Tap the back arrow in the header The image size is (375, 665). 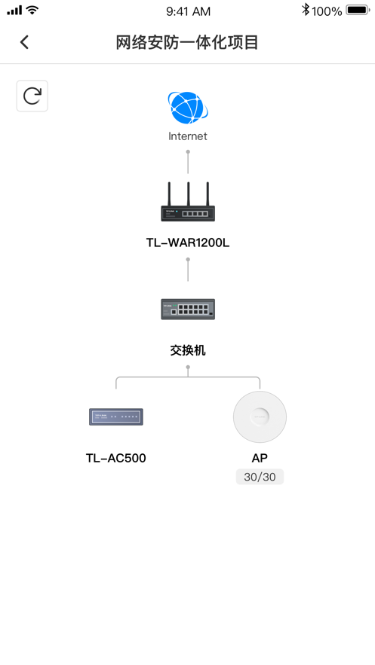pyautogui.click(x=24, y=42)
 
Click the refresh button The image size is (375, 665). pyautogui.click(x=32, y=96)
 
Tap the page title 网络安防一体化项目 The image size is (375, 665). pyautogui.click(x=187, y=42)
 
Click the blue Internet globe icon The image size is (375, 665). pyautogui.click(x=188, y=108)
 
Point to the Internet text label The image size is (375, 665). pyautogui.click(x=188, y=136)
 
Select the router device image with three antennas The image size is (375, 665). pyautogui.click(x=188, y=202)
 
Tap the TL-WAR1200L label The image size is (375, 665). pyautogui.click(x=188, y=243)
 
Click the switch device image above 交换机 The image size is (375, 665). pyautogui.click(x=188, y=310)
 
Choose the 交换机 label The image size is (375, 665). pyautogui.click(x=188, y=350)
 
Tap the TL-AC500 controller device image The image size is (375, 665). pyautogui.click(x=116, y=417)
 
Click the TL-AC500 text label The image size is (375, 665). pyautogui.click(x=116, y=458)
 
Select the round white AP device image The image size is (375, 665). pyautogui.click(x=260, y=417)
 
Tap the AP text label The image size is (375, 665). pyautogui.click(x=260, y=458)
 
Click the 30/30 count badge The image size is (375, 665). pyautogui.click(x=260, y=477)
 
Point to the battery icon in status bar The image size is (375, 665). pyautogui.click(x=358, y=11)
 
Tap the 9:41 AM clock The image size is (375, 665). pyautogui.click(x=188, y=11)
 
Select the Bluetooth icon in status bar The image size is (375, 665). pyautogui.click(x=306, y=11)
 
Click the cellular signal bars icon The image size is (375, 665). pyautogui.click(x=14, y=11)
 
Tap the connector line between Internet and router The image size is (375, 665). pyautogui.click(x=188, y=162)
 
